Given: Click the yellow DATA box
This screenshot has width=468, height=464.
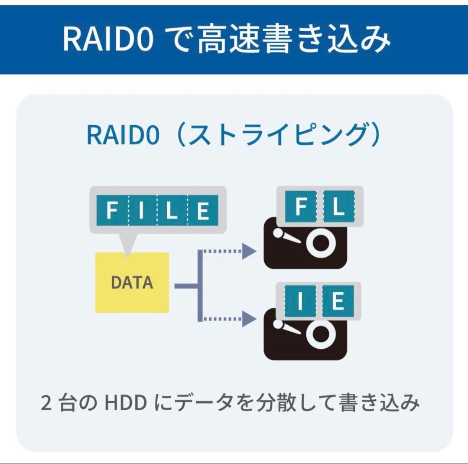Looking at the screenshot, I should [x=132, y=282].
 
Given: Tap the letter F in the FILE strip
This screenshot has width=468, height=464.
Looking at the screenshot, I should [x=112, y=210].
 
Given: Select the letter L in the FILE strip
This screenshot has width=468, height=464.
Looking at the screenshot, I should [x=172, y=210].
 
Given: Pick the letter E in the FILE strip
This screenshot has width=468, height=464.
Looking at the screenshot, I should [x=203, y=210].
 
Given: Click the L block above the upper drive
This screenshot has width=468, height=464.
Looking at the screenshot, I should [x=339, y=207].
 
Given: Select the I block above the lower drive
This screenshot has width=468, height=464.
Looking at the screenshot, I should [x=300, y=301].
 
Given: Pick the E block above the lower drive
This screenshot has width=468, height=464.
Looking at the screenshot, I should [x=338, y=301].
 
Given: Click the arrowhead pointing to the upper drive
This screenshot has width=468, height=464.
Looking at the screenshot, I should [x=248, y=251].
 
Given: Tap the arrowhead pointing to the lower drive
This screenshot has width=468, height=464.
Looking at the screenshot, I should [x=248, y=319].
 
